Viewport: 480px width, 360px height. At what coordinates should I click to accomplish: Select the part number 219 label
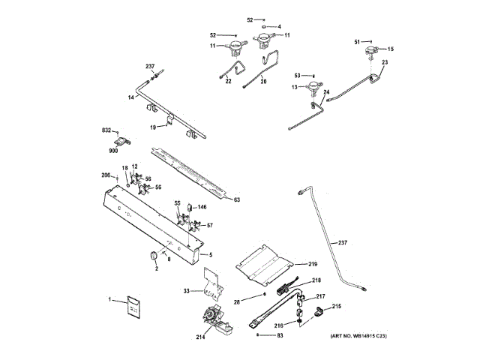[313, 264]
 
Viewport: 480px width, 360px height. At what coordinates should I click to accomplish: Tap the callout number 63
[236, 200]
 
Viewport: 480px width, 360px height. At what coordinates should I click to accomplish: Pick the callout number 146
[202, 205]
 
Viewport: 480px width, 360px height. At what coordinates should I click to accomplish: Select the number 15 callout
[390, 49]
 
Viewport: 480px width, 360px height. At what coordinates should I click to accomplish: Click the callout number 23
[385, 62]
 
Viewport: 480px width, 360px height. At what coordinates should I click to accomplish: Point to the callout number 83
[280, 336]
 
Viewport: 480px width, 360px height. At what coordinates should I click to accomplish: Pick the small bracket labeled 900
[122, 139]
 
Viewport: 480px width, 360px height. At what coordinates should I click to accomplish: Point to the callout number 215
[337, 306]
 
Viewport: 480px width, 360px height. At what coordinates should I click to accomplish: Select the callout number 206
[106, 175]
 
